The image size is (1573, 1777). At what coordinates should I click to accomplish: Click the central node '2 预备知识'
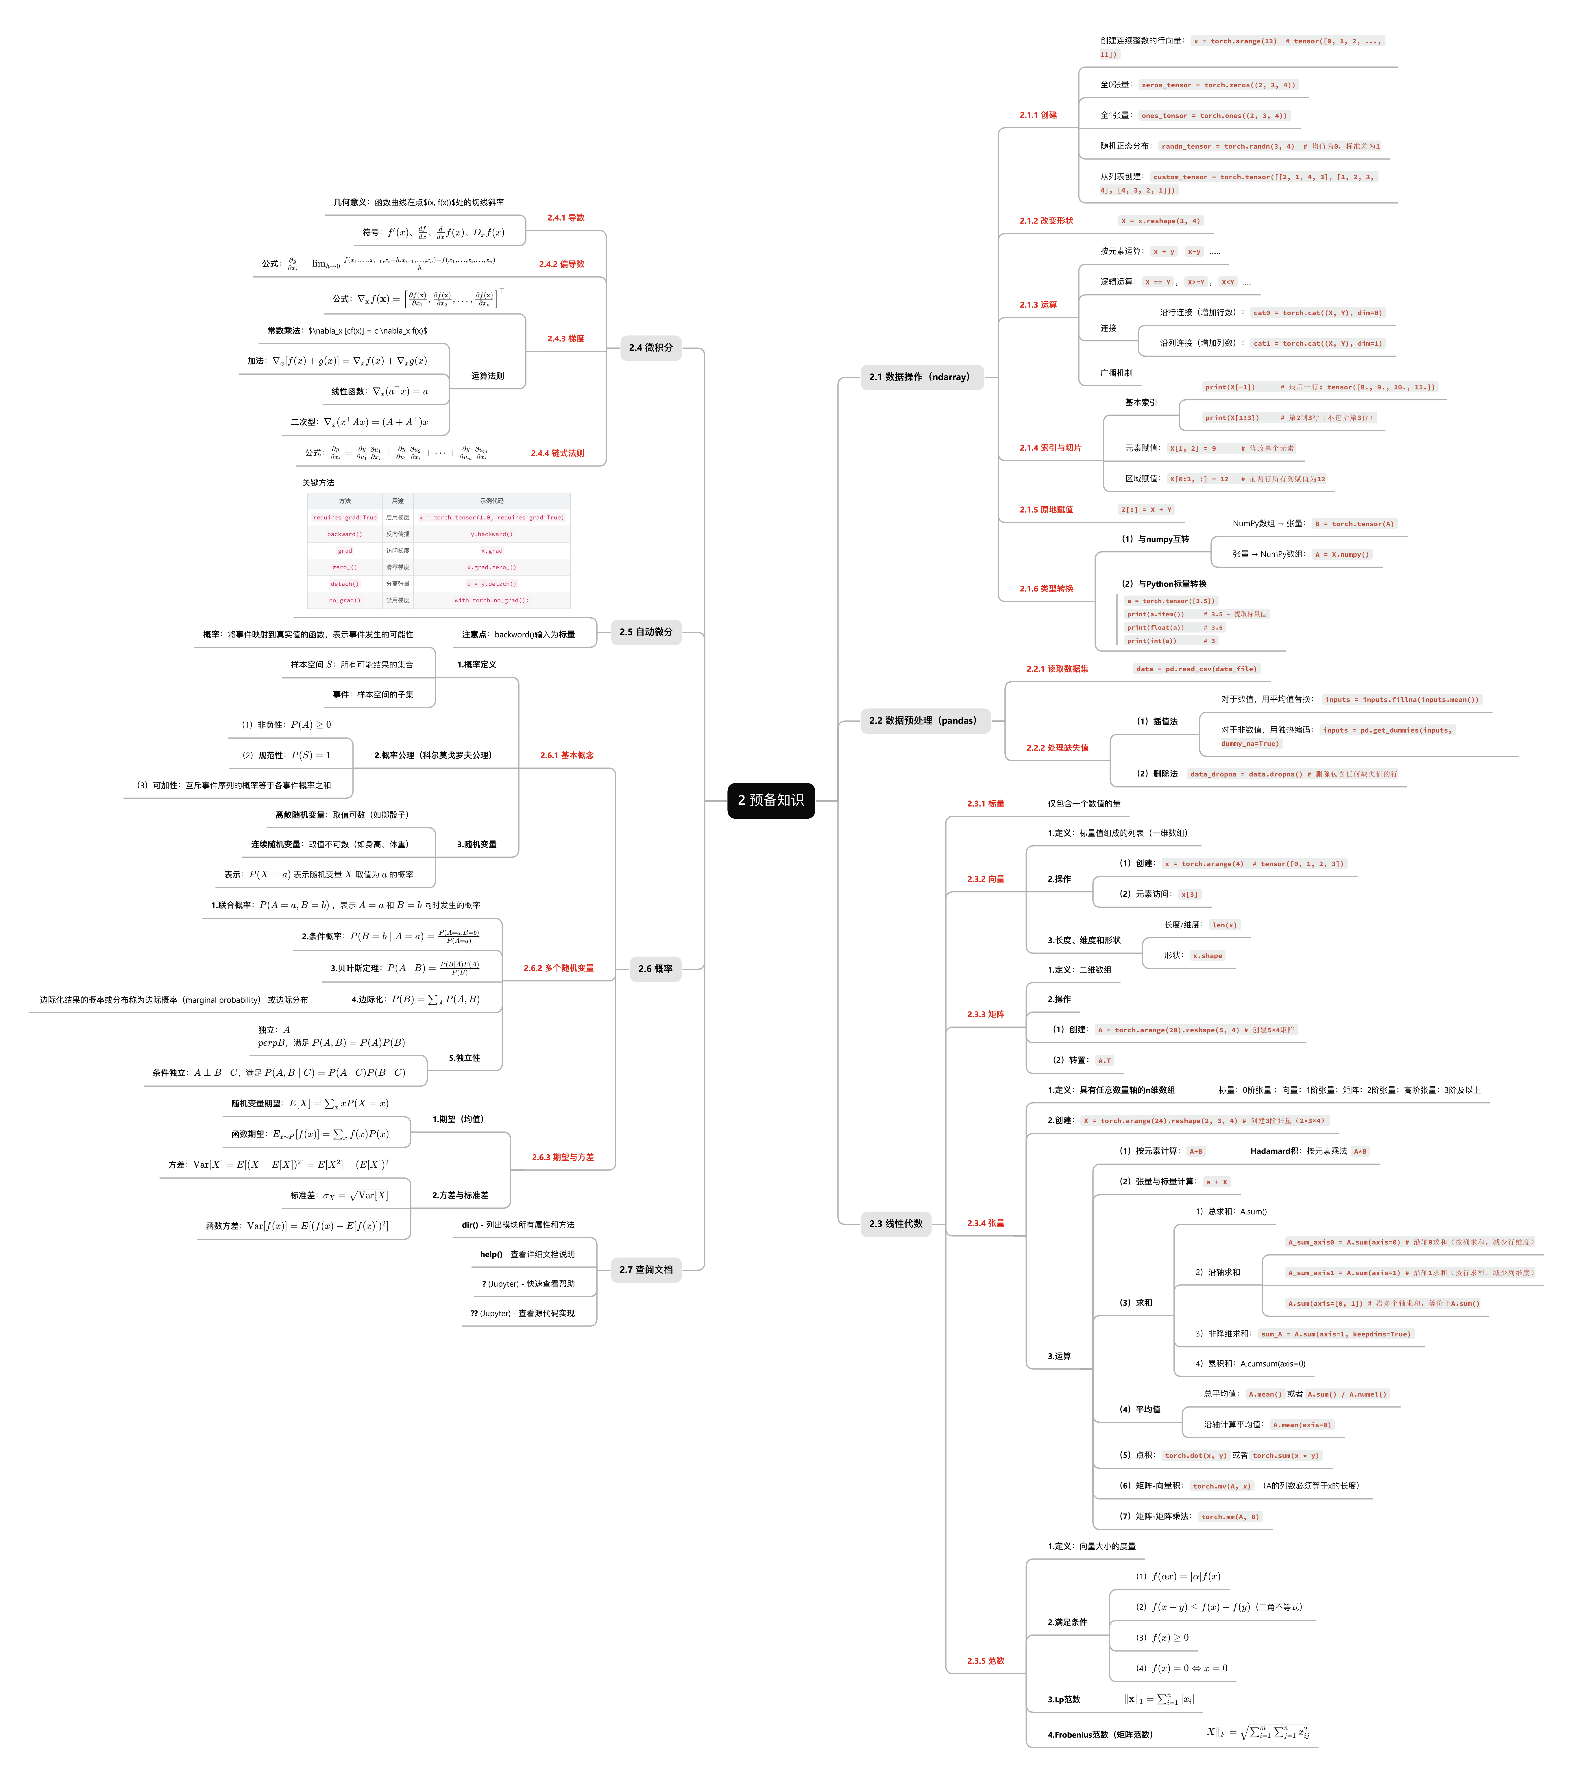(x=770, y=800)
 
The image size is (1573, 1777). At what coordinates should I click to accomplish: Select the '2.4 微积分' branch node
(x=650, y=348)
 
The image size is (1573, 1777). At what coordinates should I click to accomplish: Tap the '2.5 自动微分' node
(x=646, y=632)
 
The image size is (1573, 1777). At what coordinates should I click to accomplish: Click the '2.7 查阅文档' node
(x=646, y=1269)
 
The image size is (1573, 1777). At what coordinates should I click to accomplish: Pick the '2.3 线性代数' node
(x=896, y=1223)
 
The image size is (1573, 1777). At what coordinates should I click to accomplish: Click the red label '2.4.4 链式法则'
(x=557, y=453)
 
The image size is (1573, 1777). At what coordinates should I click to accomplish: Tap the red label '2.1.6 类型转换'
(x=1046, y=589)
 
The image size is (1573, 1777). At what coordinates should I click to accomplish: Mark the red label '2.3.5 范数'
(x=985, y=1660)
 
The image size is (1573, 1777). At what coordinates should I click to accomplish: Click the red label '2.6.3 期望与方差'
(x=563, y=1157)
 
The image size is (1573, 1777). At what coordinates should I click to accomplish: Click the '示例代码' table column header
(x=491, y=501)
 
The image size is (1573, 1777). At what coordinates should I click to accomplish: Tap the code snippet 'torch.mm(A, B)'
(x=1230, y=1516)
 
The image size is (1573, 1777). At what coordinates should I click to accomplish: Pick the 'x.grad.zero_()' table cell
(x=491, y=567)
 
